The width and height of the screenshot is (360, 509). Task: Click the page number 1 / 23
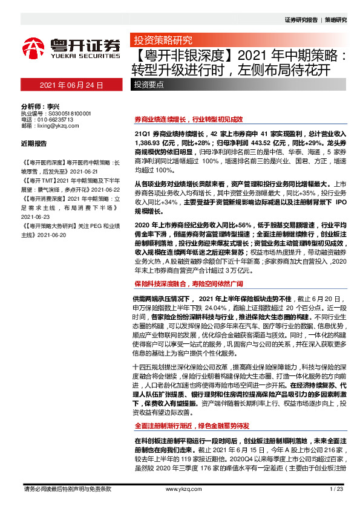337,489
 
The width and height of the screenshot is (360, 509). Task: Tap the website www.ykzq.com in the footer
180,489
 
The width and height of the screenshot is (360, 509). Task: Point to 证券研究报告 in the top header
301,19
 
